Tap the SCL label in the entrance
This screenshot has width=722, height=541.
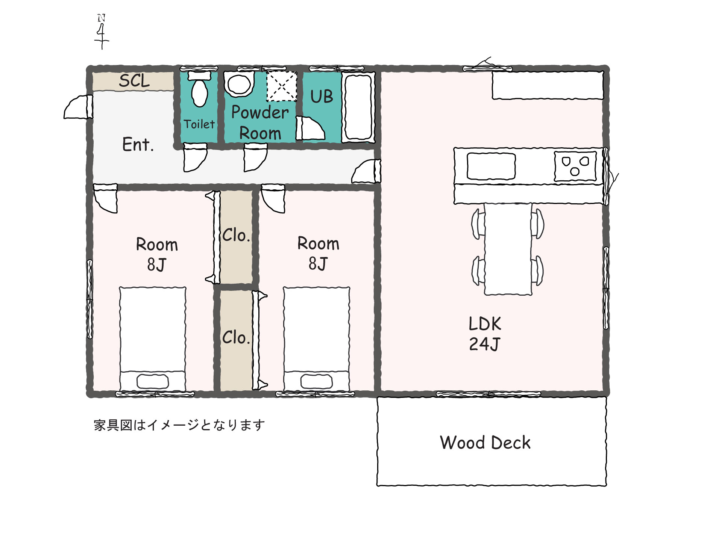134,81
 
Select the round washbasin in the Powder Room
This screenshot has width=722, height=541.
239,84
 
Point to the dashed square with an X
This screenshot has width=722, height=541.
282,86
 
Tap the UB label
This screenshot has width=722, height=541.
322,97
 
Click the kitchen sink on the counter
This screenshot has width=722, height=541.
491,166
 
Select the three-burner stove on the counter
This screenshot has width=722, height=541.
575,166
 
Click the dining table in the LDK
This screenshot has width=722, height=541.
508,249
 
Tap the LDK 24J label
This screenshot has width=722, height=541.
485,334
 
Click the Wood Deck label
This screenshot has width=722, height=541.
485,443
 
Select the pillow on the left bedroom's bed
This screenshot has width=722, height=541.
152,381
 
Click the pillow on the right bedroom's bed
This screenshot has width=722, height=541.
316,381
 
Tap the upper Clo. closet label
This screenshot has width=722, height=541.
236,235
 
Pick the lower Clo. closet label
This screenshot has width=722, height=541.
236,337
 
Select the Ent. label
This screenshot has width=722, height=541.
138,144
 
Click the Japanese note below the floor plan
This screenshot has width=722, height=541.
179,425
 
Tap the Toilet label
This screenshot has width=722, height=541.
199,124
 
